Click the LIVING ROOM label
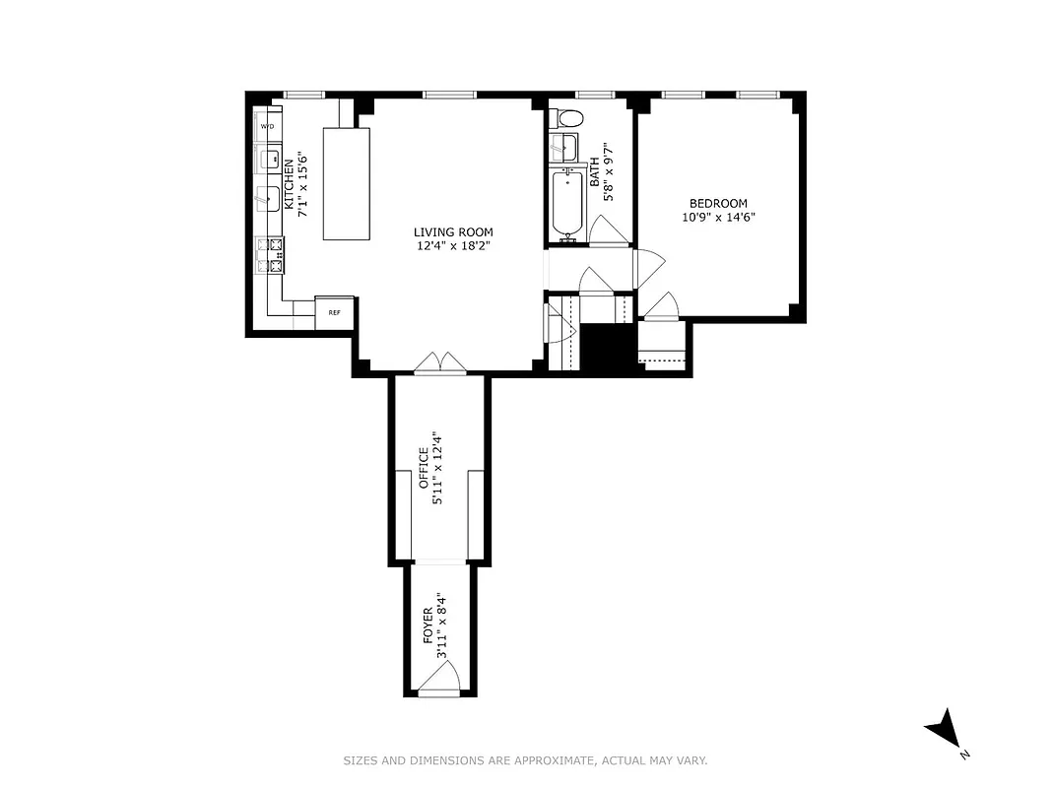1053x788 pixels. (452, 232)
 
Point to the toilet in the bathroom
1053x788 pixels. (569, 118)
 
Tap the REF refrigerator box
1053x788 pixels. (334, 311)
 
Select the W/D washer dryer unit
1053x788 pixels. (267, 128)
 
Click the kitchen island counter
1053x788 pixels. (347, 183)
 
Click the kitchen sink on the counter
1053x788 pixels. (266, 197)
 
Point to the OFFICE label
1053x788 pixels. (425, 468)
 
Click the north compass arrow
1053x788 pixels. (944, 730)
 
